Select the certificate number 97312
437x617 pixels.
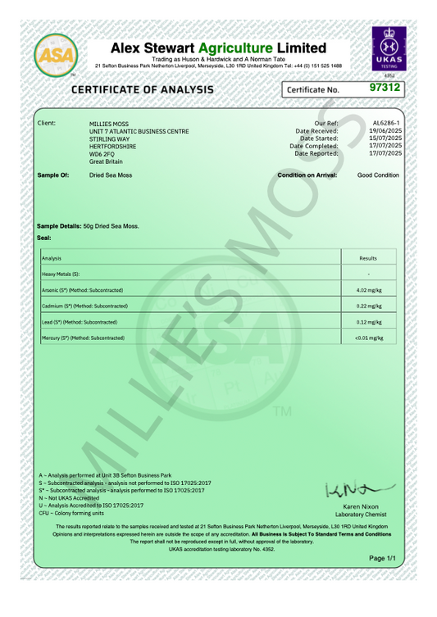tap(385, 87)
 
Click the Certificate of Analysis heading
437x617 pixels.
tap(143, 89)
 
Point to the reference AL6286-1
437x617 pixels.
tap(386, 122)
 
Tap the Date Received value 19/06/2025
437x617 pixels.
tap(385, 130)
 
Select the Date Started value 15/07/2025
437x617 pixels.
tap(385, 138)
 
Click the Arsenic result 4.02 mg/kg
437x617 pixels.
tap(369, 290)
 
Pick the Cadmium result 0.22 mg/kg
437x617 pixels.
tap(369, 306)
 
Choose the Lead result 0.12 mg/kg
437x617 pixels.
tap(369, 322)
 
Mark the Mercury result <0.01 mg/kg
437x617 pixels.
tap(369, 338)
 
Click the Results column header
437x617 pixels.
tap(368, 258)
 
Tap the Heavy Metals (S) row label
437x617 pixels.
tap(61, 274)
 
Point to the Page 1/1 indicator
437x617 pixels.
tap(382, 558)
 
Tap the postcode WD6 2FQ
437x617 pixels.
tap(102, 154)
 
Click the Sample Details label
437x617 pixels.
tap(59, 225)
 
